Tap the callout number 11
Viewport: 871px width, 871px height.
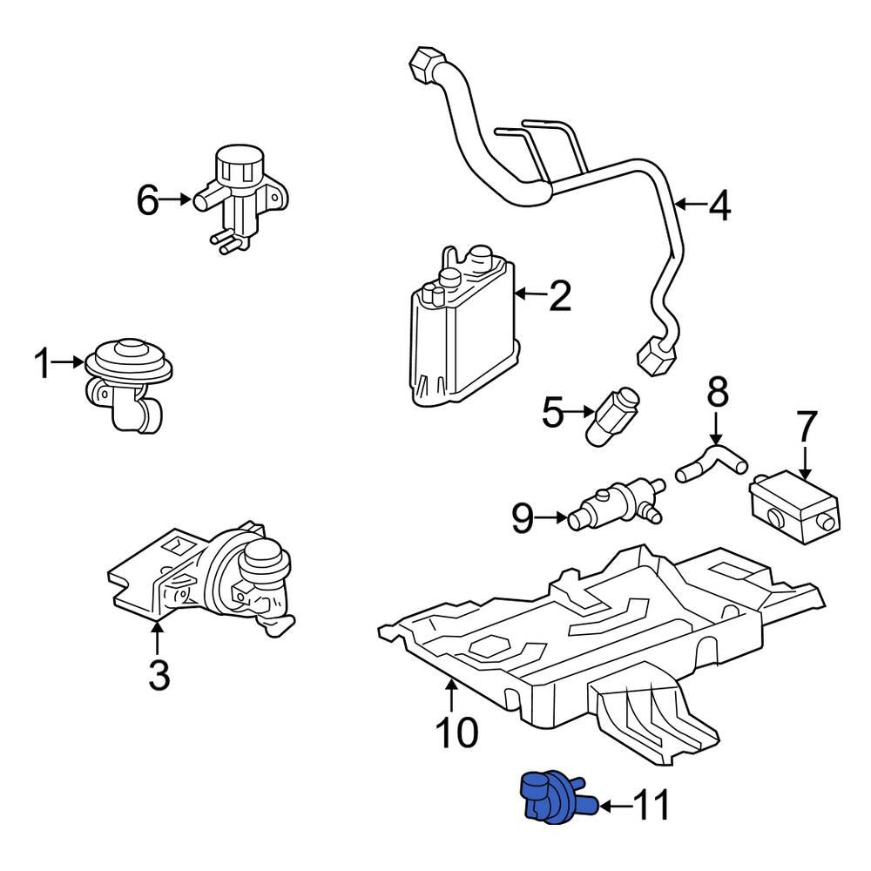pyautogui.click(x=650, y=807)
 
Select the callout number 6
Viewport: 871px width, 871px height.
pyautogui.click(x=148, y=201)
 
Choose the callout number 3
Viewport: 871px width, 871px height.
pyautogui.click(x=159, y=674)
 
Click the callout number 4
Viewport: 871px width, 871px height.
pyautogui.click(x=719, y=206)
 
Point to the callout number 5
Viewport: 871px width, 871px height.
pyautogui.click(x=553, y=413)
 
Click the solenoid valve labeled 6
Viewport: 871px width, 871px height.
pyautogui.click(x=240, y=199)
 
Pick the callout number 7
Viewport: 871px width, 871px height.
pyautogui.click(x=807, y=428)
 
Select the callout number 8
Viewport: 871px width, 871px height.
pyautogui.click(x=717, y=393)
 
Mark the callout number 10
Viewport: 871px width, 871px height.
pyautogui.click(x=456, y=732)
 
